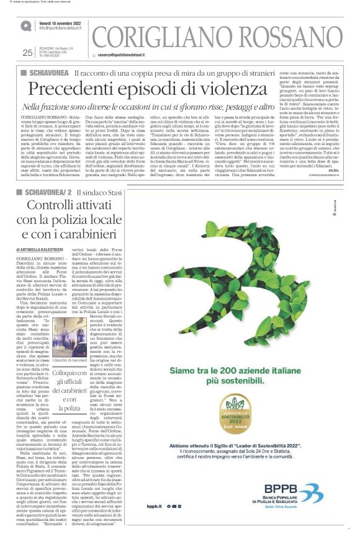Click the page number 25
point(27,52)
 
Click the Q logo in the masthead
point(25,27)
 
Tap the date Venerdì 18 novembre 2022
point(61,24)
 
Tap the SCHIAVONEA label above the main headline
point(48,73)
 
